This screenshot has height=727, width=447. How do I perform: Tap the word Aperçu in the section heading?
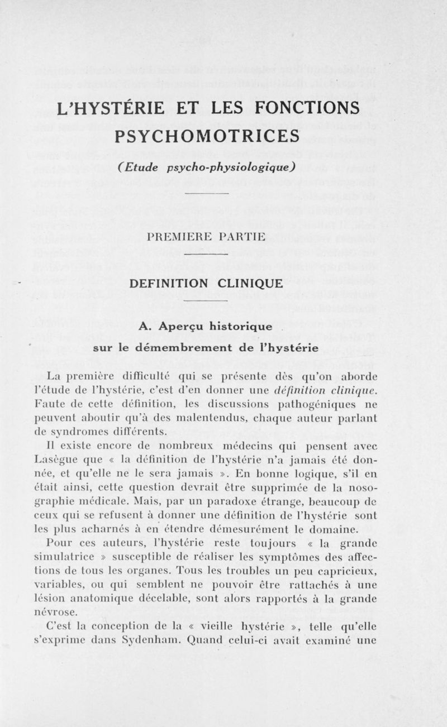(193, 326)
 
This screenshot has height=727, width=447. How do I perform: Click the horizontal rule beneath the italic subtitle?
(207, 194)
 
